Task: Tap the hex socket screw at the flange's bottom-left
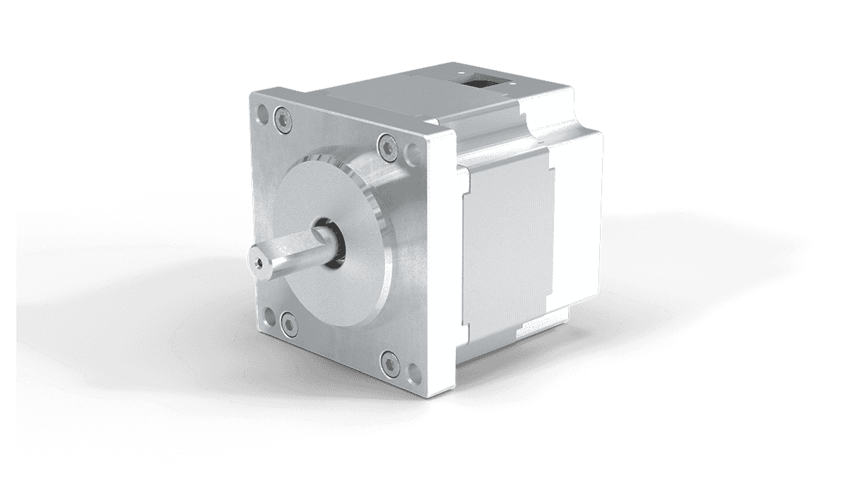(287, 324)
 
